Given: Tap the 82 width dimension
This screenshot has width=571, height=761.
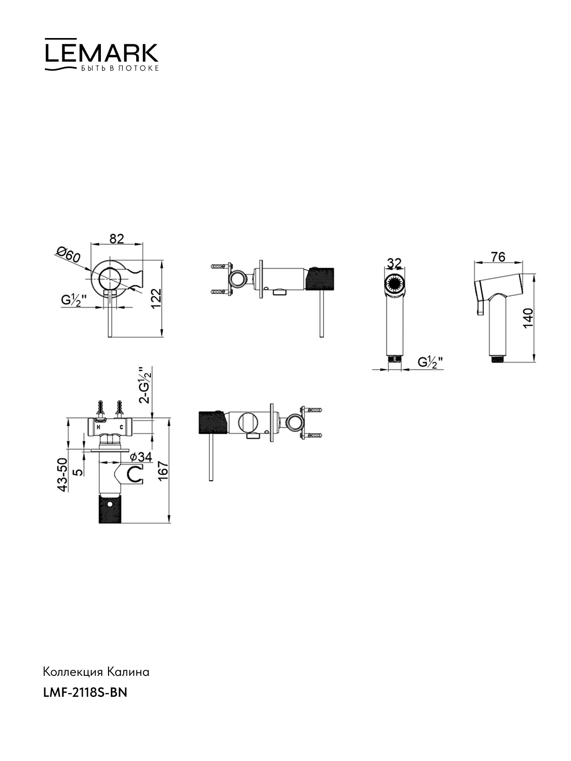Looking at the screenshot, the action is [x=117, y=239].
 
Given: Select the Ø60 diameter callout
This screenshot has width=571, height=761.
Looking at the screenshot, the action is [x=69, y=254].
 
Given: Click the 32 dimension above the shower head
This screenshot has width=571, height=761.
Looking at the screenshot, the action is [x=394, y=263].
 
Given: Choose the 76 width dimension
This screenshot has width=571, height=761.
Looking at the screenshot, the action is [x=498, y=257].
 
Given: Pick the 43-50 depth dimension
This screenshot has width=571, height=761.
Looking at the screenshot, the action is [x=62, y=475].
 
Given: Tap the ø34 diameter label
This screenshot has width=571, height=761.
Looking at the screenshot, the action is [x=141, y=457].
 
